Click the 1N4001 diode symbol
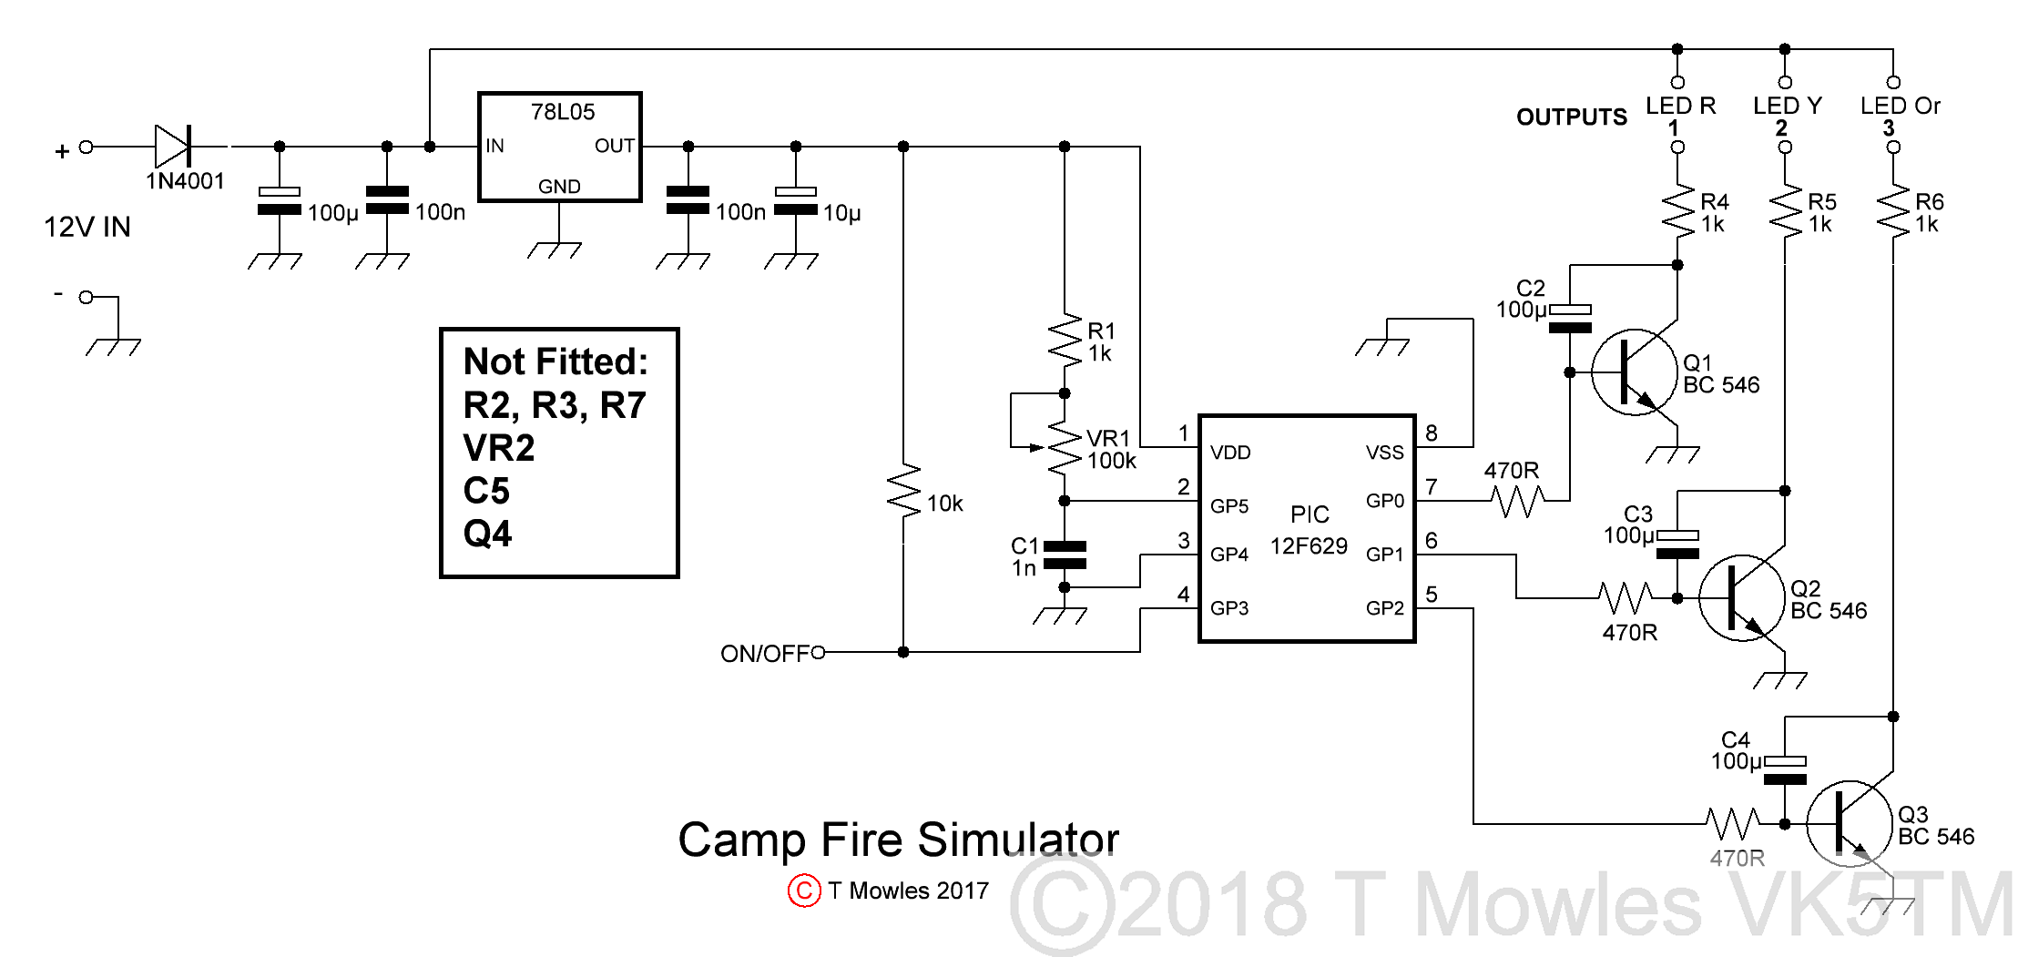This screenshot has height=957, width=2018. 173,146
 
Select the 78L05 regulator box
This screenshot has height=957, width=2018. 560,147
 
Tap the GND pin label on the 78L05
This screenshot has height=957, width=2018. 559,187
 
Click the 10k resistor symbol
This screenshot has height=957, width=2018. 903,492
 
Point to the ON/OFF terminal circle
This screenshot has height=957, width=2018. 818,652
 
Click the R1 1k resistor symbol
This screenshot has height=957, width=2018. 1065,341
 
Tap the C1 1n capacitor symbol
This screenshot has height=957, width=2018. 1065,555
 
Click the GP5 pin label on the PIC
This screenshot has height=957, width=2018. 1229,506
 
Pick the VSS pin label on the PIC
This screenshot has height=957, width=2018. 1384,453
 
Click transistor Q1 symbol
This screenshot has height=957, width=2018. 1634,372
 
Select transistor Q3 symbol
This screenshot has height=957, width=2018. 1849,823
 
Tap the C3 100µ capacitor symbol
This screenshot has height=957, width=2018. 1677,545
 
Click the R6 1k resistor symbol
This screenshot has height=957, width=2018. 1893,212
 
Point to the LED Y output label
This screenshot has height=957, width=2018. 1787,107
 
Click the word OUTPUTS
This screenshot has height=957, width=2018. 1571,117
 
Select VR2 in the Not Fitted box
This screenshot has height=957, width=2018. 499,448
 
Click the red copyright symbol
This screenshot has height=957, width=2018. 804,890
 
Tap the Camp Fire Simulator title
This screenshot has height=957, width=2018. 898,840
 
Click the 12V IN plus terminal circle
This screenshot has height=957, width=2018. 86,147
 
